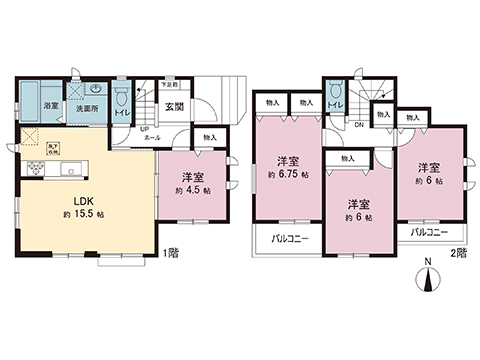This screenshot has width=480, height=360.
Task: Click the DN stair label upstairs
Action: [358, 124]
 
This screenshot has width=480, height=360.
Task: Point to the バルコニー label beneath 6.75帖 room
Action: [287, 239]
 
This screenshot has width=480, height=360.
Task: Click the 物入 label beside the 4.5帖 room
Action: [208, 137]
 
